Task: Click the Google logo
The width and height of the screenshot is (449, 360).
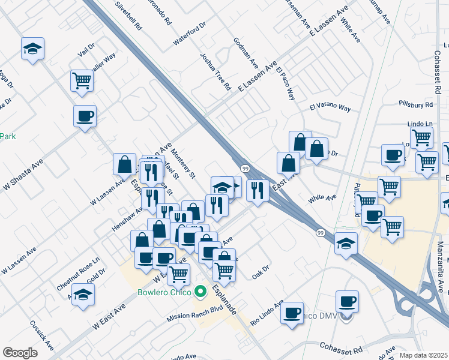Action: coord(20,353)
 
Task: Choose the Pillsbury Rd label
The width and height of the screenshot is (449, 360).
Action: coord(415,104)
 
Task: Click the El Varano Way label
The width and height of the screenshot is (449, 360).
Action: coord(330,108)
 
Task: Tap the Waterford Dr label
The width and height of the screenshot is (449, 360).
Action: coord(189,34)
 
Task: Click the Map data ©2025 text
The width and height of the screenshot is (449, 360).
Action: coord(423,355)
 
